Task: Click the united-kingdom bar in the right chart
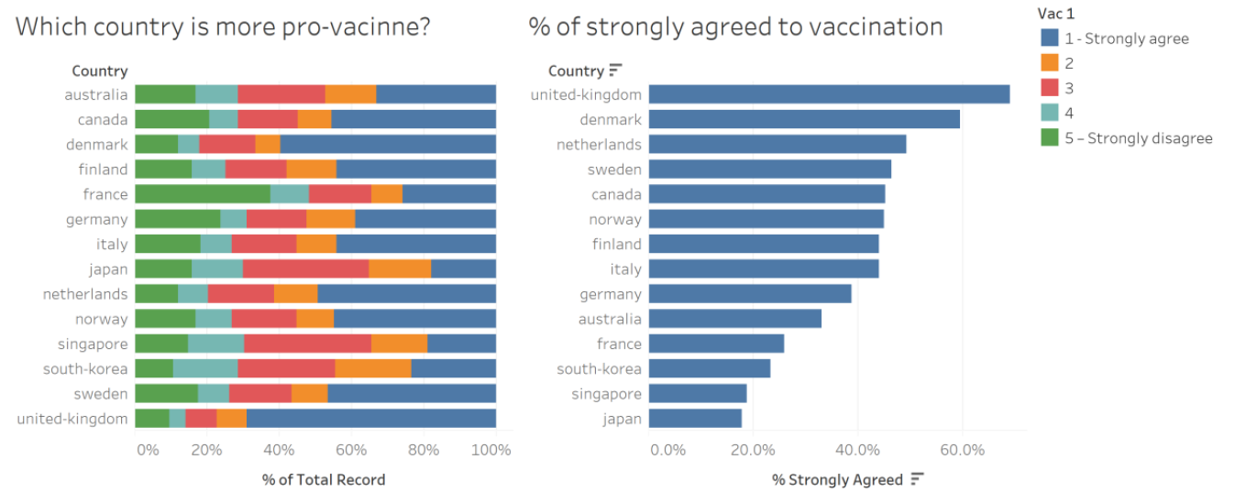tap(829, 94)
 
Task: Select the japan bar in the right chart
tap(695, 419)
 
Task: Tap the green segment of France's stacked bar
tap(203, 194)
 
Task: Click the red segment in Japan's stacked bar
tap(305, 269)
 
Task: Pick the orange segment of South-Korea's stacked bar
tap(373, 369)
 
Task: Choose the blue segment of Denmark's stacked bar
tap(388, 145)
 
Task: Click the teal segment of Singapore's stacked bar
tap(216, 344)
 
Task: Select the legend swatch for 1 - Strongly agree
tap(1050, 38)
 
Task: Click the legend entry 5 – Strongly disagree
tap(1138, 138)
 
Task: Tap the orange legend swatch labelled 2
tap(1050, 63)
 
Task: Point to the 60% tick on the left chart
tap(351, 450)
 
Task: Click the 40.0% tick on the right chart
tap(857, 450)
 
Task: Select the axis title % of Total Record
tap(324, 479)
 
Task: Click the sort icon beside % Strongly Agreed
tap(917, 479)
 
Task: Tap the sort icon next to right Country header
tap(616, 71)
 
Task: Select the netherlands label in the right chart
tap(599, 144)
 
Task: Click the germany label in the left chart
tap(96, 219)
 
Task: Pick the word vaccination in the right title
tap(877, 27)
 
